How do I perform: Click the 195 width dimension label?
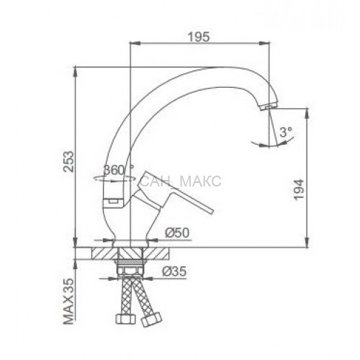click(199, 37)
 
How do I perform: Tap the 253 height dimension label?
click(68, 161)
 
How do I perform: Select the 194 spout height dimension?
click(299, 189)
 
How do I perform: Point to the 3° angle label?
click(286, 132)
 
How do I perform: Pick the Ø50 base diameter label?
click(177, 233)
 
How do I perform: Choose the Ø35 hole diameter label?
click(174, 271)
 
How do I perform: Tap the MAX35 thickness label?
click(68, 302)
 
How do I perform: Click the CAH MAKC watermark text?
click(181, 181)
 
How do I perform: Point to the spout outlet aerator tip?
click(269, 107)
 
